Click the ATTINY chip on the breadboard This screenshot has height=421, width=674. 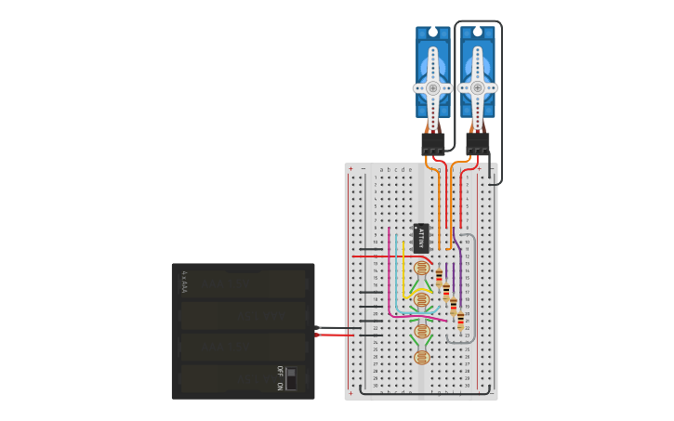coord(421,238)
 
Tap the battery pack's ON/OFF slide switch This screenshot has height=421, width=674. coord(291,378)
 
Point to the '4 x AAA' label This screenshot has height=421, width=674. coord(185,282)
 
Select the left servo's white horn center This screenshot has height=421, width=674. coord(432,88)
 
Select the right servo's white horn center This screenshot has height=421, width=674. coord(478,88)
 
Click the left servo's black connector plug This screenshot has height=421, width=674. coord(432,143)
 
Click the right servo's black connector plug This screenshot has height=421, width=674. coord(478,143)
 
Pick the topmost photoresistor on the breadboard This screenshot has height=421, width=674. coord(421,269)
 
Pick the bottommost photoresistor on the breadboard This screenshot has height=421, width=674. coord(421,357)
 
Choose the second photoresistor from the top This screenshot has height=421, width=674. coord(421,299)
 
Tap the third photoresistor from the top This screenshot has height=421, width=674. coord(421,330)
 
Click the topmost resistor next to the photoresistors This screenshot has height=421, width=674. coord(439,277)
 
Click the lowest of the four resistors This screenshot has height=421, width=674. coord(460,321)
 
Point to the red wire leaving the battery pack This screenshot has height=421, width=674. coord(335,335)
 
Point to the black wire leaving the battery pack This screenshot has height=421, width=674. coord(335,327)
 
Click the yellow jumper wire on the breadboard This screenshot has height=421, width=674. coord(403,270)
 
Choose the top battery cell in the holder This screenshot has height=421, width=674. coord(244,284)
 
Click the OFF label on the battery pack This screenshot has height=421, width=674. coord(280,370)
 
